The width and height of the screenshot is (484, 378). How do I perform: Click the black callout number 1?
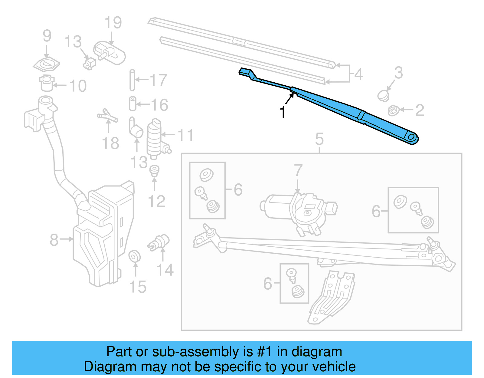coord(283,113)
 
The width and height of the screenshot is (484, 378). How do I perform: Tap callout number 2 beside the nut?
coord(419,110)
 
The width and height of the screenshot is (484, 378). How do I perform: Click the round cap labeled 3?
coord(383,95)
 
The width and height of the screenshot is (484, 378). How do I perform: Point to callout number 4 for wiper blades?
coord(358,74)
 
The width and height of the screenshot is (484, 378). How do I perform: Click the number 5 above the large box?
coord(319,139)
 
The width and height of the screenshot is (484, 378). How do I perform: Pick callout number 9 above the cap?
coord(47,36)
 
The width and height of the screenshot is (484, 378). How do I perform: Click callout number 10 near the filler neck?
coord(78,86)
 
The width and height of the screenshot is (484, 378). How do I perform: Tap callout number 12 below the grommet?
coord(157,202)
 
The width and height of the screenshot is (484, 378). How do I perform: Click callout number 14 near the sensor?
coord(165,270)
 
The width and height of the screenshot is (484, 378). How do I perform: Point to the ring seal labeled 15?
coord(134,256)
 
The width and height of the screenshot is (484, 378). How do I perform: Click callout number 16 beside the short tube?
coord(159,105)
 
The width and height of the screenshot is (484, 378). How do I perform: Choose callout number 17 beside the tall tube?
coord(158,80)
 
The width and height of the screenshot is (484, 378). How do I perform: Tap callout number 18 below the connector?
coord(110,143)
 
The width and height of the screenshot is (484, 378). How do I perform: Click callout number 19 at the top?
coord(113,23)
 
